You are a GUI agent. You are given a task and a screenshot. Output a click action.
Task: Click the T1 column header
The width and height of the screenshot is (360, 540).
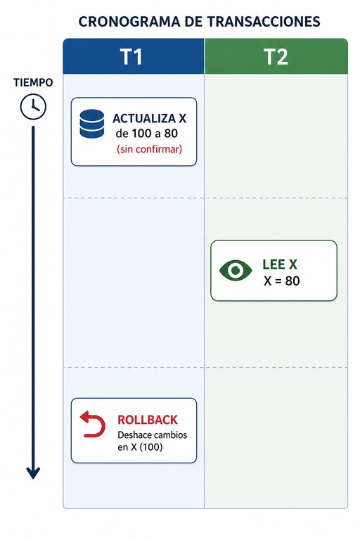click(134, 56)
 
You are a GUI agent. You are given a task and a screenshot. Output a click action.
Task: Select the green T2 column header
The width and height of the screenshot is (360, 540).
click(276, 56)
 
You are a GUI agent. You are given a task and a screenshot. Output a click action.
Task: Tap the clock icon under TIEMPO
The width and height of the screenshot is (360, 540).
click(33, 107)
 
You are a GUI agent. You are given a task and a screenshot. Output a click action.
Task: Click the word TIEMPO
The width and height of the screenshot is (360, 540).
click(33, 83)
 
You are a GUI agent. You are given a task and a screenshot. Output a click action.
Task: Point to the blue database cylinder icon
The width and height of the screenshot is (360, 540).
click(91, 124)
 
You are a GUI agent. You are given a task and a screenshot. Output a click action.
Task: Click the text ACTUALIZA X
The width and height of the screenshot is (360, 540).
click(149, 118)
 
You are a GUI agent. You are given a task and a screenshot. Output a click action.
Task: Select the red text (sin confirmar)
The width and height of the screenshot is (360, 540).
click(149, 149)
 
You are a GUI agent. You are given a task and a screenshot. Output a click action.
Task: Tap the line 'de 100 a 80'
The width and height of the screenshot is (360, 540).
click(147, 134)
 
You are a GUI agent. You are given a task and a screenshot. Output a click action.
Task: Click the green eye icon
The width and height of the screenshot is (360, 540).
click(236, 270)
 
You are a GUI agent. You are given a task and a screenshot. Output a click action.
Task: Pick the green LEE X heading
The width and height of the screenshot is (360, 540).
click(279, 264)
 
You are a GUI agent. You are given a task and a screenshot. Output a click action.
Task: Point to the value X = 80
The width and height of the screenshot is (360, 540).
click(281, 281)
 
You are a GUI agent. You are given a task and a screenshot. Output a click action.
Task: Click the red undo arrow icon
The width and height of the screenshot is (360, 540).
click(93, 424)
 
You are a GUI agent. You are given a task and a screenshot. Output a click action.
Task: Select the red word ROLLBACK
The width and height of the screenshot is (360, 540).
click(148, 420)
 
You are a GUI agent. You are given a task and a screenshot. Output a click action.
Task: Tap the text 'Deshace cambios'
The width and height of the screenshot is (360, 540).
click(153, 435)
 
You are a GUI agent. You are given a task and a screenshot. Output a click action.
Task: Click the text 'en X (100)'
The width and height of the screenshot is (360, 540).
click(140, 447)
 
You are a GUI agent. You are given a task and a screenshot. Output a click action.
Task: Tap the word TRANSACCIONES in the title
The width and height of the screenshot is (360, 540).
click(264, 21)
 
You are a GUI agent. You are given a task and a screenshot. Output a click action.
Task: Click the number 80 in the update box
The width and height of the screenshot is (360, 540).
click(171, 134)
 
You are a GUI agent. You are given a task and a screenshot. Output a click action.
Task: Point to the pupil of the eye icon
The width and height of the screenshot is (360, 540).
click(236, 270)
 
